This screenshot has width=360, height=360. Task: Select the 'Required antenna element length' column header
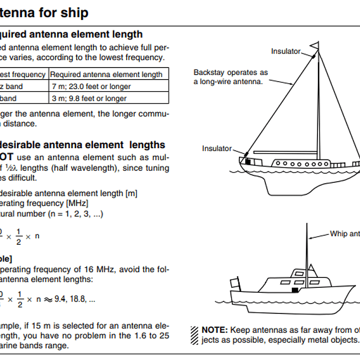(106, 74)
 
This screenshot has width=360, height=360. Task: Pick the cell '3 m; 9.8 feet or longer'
(88, 98)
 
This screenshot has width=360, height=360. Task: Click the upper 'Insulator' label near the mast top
(286, 51)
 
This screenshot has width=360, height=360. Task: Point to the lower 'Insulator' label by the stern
(217, 148)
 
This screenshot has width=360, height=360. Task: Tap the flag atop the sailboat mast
(314, 47)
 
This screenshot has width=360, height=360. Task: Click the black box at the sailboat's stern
(247, 161)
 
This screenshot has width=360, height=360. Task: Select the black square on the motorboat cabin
(296, 290)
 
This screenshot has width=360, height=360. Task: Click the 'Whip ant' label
(345, 234)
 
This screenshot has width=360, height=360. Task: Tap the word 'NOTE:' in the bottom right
(215, 330)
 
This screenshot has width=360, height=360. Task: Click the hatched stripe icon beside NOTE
(194, 334)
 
